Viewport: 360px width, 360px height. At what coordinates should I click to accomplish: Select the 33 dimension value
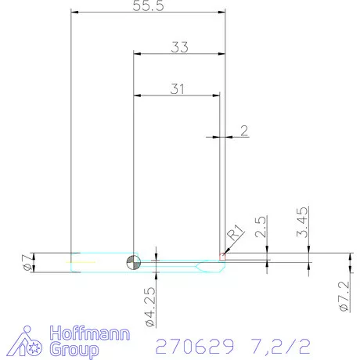[x=179, y=47]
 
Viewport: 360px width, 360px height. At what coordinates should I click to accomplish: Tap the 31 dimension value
[x=178, y=88]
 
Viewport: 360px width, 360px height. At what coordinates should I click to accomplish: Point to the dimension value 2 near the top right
[x=245, y=130]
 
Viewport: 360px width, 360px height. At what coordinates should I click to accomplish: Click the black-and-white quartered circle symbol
[x=134, y=262]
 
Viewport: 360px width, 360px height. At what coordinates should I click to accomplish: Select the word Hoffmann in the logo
[x=86, y=332]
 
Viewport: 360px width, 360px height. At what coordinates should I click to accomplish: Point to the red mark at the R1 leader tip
[x=223, y=253]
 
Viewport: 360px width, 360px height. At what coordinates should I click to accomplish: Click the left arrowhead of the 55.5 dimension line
[x=75, y=12]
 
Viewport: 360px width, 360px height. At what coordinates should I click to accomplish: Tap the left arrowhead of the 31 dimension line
[x=138, y=95]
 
